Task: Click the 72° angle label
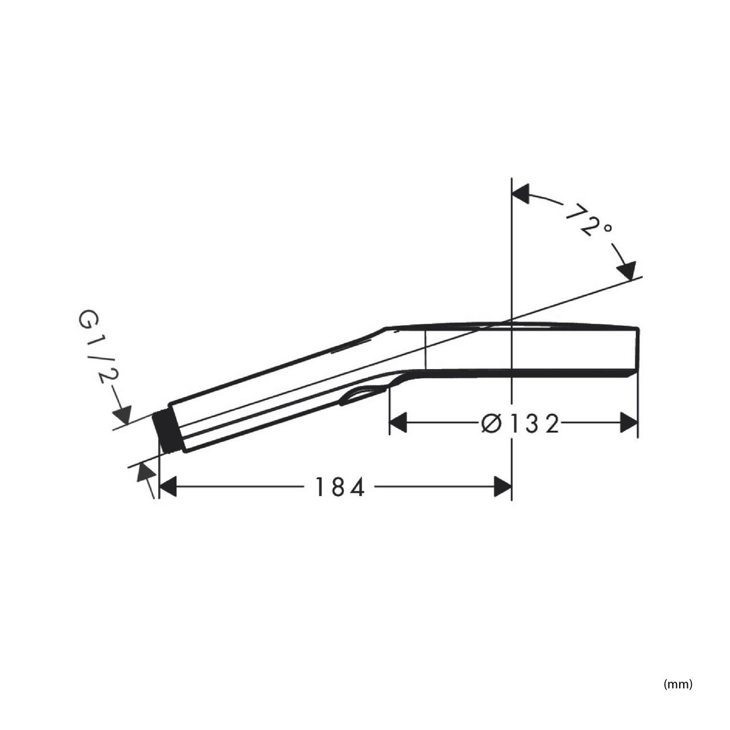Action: [589, 220]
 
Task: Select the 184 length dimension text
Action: [339, 487]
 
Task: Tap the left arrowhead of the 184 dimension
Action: [168, 486]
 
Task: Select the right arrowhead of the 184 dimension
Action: [503, 486]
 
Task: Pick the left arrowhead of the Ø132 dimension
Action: [398, 423]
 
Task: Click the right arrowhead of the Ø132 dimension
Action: [629, 423]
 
